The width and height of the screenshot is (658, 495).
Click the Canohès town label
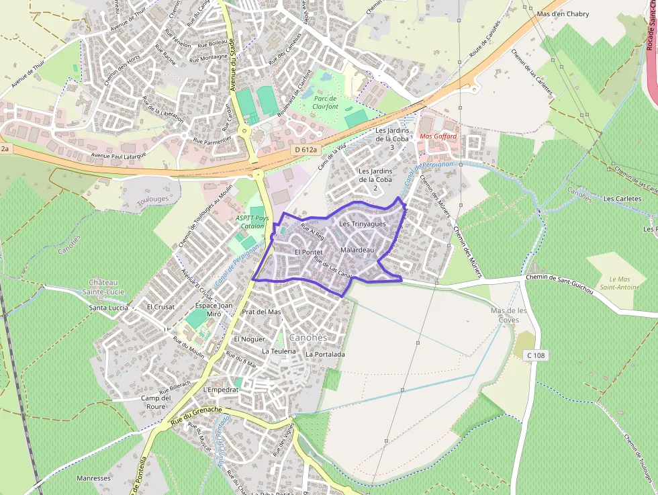(308, 337)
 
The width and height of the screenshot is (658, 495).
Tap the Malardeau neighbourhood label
(357, 250)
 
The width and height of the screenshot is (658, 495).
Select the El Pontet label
(310, 252)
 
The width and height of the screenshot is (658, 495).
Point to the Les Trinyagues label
(363, 224)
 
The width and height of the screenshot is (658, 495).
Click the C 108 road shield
(535, 355)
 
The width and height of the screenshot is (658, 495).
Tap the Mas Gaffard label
(438, 136)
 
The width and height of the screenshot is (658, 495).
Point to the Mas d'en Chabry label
(563, 14)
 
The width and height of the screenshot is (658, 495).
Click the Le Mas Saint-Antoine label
(624, 283)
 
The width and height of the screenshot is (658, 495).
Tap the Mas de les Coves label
(509, 315)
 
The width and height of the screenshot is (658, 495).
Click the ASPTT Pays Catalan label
(252, 222)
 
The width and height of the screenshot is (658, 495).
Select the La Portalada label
(325, 354)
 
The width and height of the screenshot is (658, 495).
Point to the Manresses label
(93, 478)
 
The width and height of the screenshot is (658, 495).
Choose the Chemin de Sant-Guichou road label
(560, 283)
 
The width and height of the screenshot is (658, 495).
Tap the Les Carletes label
(622, 199)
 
